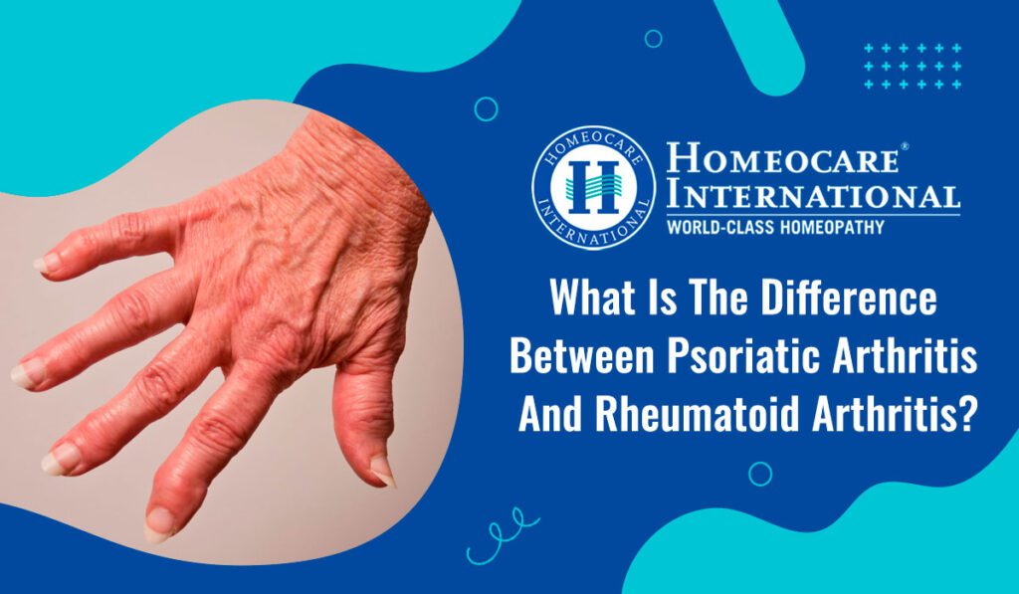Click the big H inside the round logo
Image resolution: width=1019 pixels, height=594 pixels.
pyautogui.click(x=592, y=187)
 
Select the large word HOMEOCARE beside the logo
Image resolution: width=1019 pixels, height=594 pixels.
pyautogui.click(x=782, y=158)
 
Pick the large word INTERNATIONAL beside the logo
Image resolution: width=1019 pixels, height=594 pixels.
pyautogui.click(x=813, y=196)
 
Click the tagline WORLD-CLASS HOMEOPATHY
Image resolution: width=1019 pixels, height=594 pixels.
pyautogui.click(x=774, y=227)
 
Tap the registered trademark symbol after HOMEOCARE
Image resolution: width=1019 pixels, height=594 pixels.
pyautogui.click(x=905, y=146)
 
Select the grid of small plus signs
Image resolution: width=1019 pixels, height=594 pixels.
pyautogui.click(x=913, y=67)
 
